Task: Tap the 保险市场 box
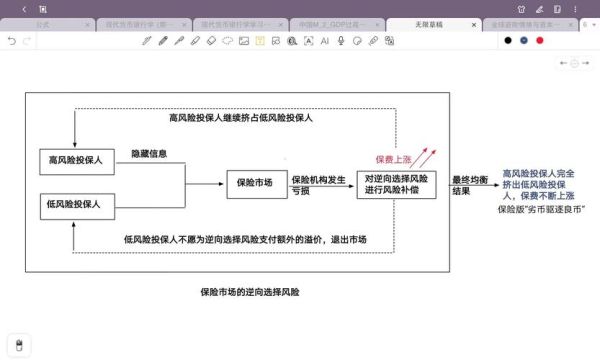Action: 256,183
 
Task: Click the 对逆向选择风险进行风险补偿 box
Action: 396,183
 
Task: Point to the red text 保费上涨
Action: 395,159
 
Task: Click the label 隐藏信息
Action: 149,152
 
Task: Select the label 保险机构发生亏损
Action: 318,183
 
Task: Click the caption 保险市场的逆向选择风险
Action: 250,292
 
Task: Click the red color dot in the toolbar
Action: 540,41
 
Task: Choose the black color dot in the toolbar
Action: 508,41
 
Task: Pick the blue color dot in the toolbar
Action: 524,41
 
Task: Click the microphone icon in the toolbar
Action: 341,41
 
